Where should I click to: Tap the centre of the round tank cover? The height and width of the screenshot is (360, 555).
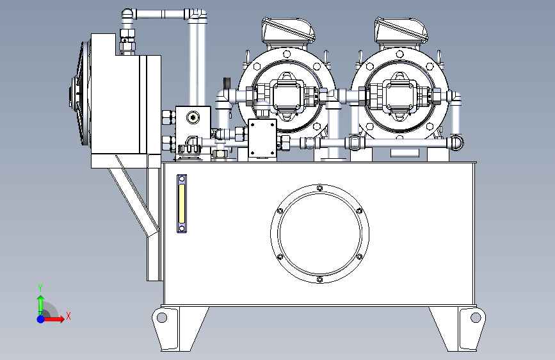pos(319,233)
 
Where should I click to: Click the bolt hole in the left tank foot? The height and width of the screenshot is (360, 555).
pos(162,316)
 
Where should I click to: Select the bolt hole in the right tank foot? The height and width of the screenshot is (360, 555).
pos(475,316)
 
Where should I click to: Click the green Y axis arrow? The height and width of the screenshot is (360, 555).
pos(40,302)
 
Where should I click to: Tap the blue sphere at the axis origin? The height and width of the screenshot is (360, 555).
pos(40,318)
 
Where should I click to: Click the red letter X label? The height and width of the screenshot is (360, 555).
pos(68,316)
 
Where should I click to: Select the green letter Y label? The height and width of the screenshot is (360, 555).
pos(40,288)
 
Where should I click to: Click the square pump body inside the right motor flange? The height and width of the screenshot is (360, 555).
pos(401,96)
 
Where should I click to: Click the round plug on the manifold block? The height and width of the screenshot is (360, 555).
pos(194,115)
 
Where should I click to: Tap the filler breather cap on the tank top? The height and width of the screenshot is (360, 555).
pos(190,150)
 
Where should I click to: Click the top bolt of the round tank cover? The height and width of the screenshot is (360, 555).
pos(319,188)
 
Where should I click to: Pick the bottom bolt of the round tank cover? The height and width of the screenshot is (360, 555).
pos(319,279)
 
